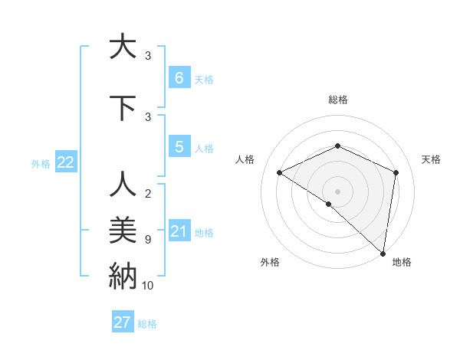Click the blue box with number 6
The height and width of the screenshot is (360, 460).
tap(179, 77)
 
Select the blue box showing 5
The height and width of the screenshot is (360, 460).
tap(179, 147)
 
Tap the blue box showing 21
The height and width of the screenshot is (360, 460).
tap(179, 231)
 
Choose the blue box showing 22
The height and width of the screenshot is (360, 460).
tap(66, 162)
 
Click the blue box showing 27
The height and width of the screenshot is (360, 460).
tap(123, 322)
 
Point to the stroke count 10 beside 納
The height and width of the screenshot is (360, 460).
tap(147, 286)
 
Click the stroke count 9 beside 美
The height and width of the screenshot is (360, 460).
tap(147, 240)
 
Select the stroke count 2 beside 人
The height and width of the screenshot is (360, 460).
tap(147, 194)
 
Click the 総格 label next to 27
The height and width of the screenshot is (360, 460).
tap(147, 324)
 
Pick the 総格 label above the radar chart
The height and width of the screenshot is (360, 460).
tap(337, 100)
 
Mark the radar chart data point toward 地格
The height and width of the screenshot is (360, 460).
tap(381, 252)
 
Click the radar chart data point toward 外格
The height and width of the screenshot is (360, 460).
tap(328, 204)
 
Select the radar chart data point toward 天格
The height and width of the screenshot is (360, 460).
tap(396, 172)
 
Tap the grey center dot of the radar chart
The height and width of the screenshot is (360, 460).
tap(337, 191)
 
